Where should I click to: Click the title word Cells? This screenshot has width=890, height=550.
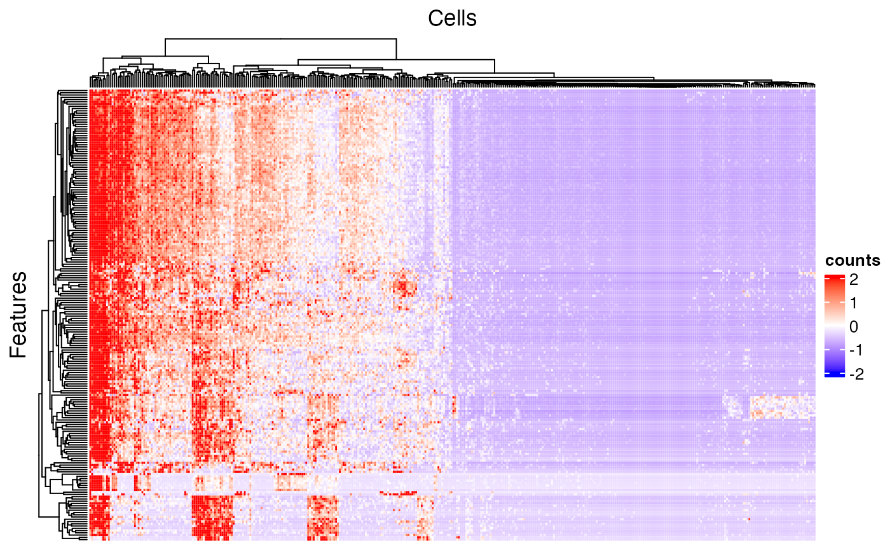click(x=452, y=18)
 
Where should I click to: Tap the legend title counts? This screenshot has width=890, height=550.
click(x=852, y=260)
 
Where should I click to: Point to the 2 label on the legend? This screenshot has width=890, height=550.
click(x=854, y=278)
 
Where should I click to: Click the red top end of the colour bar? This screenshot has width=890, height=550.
click(x=834, y=278)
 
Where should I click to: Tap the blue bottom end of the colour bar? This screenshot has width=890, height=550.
click(x=834, y=375)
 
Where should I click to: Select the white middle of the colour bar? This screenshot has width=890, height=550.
click(x=834, y=326)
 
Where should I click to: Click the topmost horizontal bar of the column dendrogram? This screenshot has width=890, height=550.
click(x=280, y=39)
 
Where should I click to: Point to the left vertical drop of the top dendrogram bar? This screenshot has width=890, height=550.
click(x=165, y=48)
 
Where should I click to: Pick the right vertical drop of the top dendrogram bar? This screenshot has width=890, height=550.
click(x=396, y=48)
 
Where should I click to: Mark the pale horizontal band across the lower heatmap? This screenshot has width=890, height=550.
click(x=572, y=483)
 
